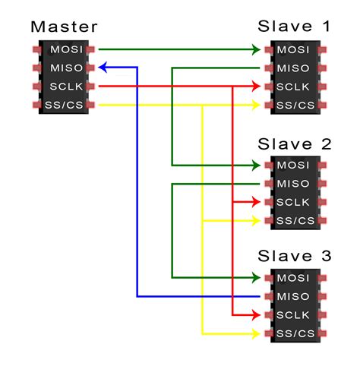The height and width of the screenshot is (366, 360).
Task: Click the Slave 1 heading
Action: (295, 27)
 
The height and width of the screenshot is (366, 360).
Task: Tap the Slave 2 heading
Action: (295, 144)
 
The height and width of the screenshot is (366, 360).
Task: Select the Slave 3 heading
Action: (295, 256)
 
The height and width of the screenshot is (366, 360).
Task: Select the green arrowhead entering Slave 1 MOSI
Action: (257, 49)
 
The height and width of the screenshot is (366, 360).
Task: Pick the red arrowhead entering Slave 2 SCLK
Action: (257, 202)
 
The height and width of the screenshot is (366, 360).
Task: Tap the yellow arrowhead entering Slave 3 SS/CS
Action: (257, 333)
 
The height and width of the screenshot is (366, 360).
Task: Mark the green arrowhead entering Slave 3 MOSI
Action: (257, 277)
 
